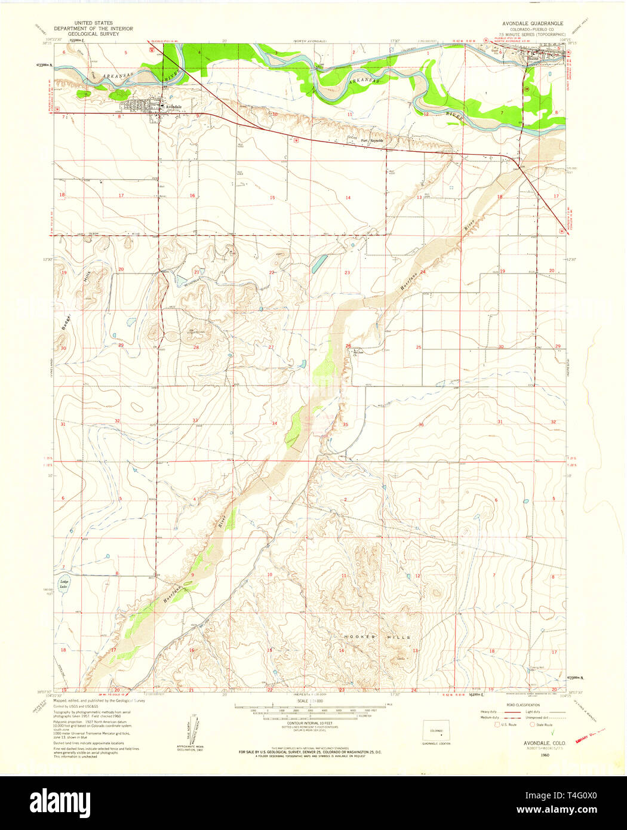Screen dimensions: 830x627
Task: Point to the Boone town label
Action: click(x=533, y=59)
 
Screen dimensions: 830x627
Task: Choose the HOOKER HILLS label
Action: click(x=377, y=637)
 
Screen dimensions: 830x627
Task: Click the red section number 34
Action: click(x=274, y=423)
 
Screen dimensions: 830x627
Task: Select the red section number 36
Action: click(x=421, y=425)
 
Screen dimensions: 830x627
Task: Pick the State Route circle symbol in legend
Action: click(x=533, y=724)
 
